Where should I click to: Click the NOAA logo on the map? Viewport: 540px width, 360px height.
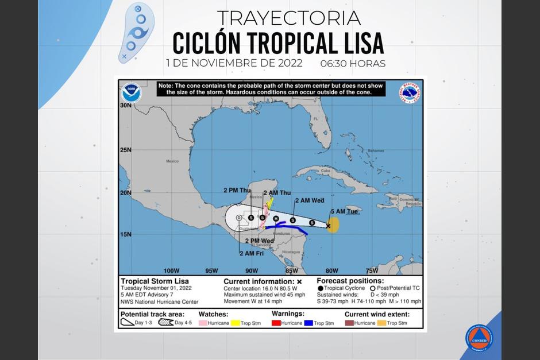131,93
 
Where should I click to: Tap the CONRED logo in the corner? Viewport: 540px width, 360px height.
479,338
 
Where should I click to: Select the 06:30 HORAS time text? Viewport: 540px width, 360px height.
353,64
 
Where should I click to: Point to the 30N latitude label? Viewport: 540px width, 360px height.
126,106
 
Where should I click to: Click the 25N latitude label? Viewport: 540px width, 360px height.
126,150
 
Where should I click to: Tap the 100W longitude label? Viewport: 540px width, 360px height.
172,270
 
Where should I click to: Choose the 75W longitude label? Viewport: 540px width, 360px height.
372,270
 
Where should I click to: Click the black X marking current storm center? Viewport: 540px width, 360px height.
328,226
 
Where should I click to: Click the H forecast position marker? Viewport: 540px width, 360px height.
276,219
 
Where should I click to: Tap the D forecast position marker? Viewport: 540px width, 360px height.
239,218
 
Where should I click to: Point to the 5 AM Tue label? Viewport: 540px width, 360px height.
344,211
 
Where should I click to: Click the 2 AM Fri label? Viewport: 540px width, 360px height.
251,253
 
